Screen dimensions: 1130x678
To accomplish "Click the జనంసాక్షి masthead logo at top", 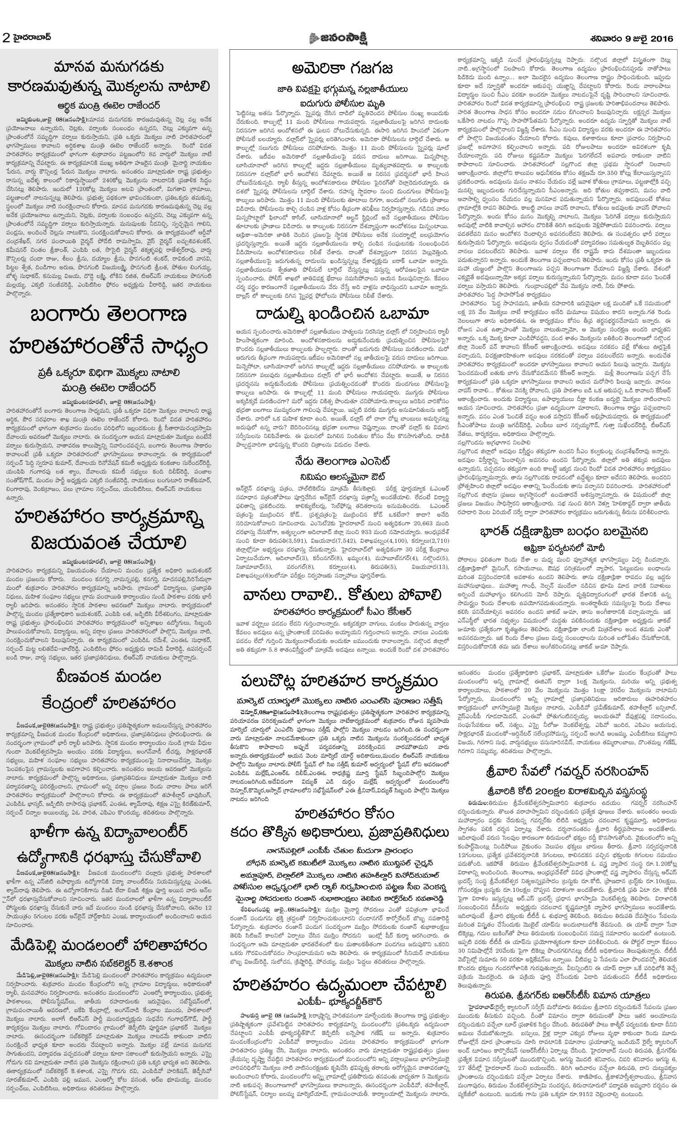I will pyautogui.click(x=338, y=38).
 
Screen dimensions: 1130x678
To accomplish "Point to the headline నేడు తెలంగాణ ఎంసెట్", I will pyautogui.click(x=342, y=461).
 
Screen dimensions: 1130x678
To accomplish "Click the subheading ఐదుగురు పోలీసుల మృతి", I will pyautogui.click(x=342, y=103).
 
